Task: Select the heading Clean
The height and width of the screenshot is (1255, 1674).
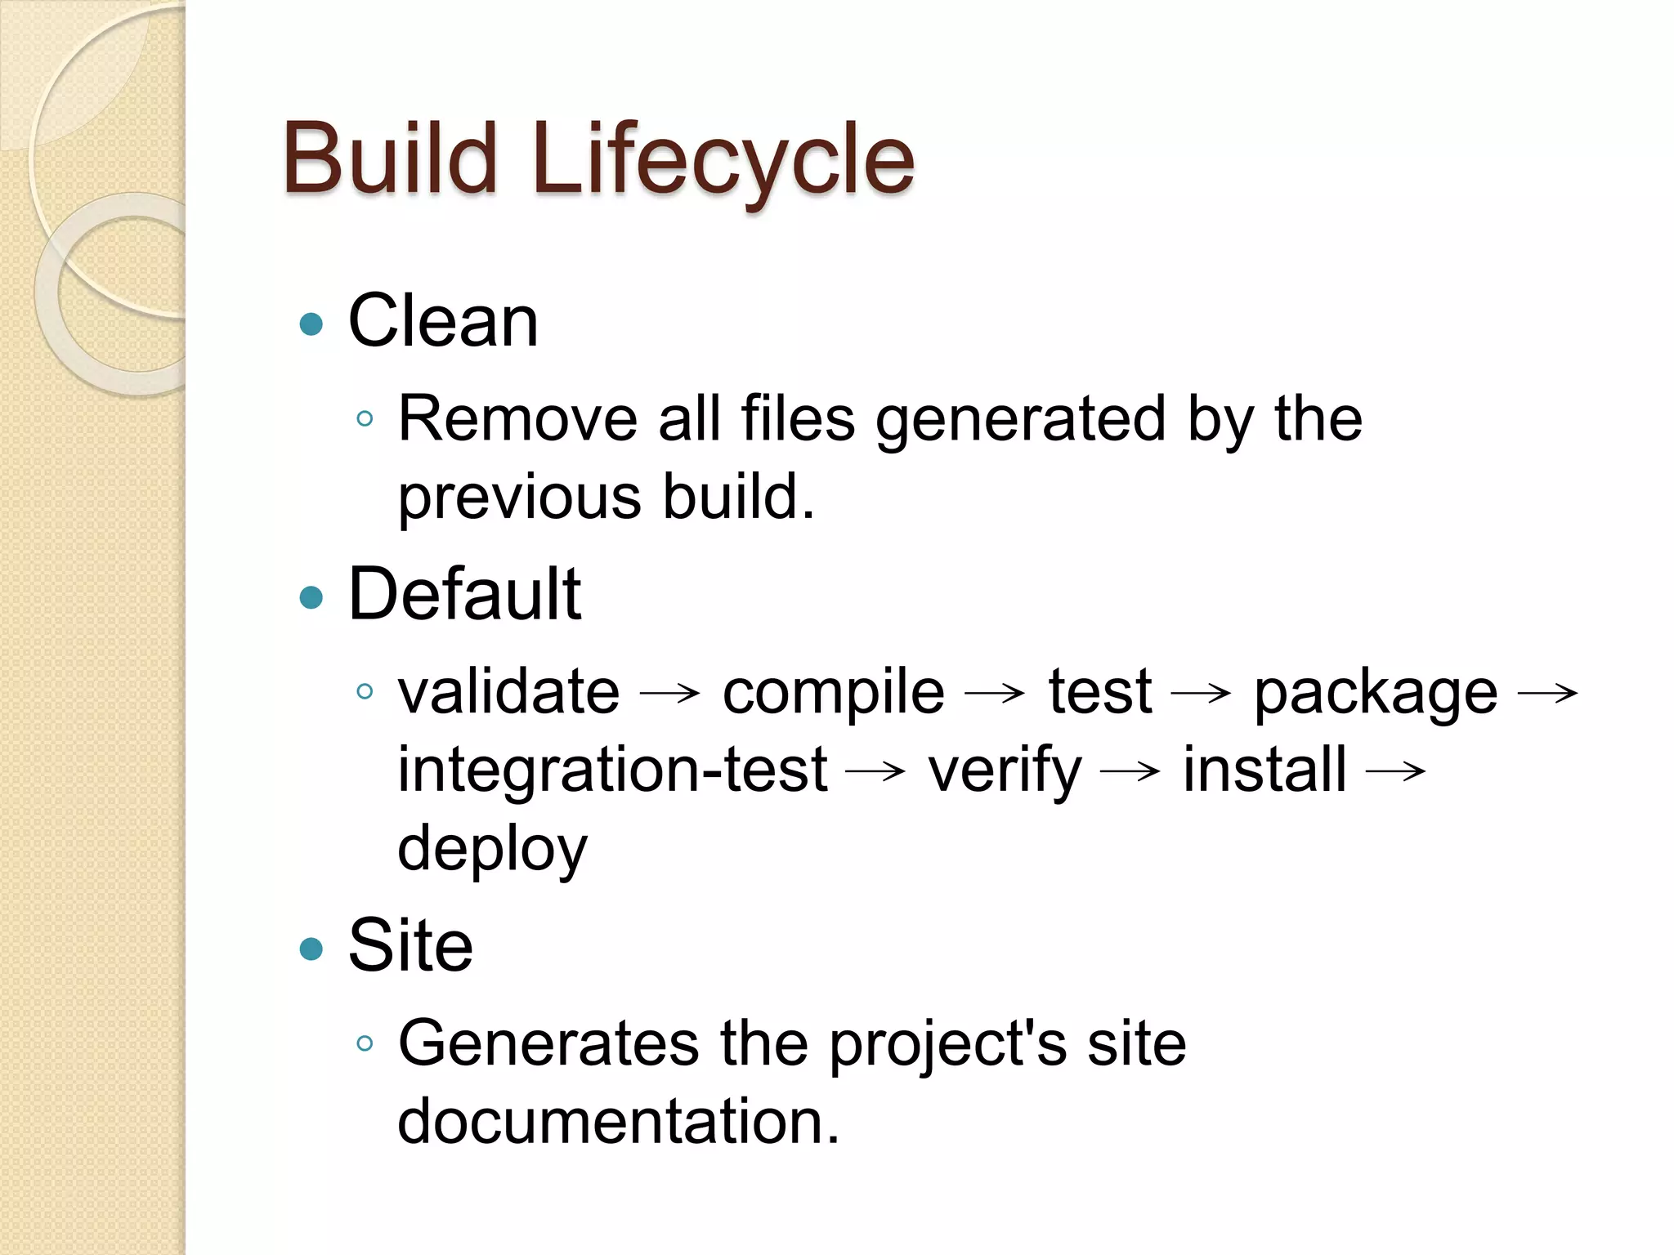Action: tap(443, 321)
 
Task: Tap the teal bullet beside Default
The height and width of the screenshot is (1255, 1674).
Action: tap(311, 597)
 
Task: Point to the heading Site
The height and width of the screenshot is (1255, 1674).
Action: tap(410, 945)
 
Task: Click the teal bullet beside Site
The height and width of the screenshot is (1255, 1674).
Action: tap(311, 949)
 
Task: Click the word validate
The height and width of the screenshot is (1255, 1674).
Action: tap(508, 692)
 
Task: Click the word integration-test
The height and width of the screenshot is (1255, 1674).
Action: tap(612, 770)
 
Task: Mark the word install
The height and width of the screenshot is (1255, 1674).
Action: tap(1264, 770)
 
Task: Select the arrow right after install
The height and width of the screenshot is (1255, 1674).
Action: tap(1396, 771)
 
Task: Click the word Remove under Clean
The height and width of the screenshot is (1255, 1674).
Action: tap(517, 419)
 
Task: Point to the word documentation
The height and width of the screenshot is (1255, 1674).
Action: tap(618, 1121)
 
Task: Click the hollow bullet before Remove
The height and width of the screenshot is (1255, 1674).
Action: tap(365, 420)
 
